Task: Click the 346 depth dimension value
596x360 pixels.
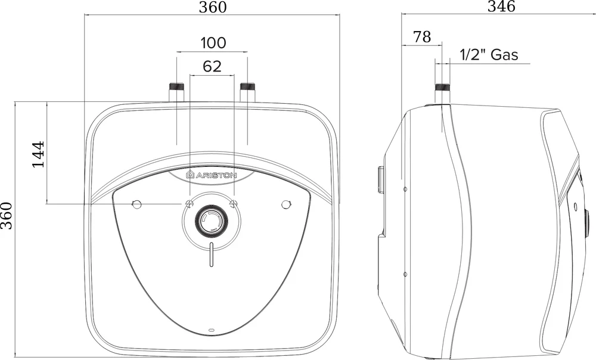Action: pyautogui.click(x=501, y=6)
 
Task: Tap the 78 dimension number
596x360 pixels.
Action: pyautogui.click(x=422, y=37)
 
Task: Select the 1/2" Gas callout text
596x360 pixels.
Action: pyautogui.click(x=489, y=55)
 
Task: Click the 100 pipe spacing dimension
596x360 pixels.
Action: pyautogui.click(x=213, y=42)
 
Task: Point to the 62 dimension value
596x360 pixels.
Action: pyautogui.click(x=212, y=66)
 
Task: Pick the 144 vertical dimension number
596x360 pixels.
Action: pyautogui.click(x=38, y=154)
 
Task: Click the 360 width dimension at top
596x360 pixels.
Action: pyautogui.click(x=213, y=7)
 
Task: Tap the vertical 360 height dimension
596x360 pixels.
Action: pyautogui.click(x=7, y=216)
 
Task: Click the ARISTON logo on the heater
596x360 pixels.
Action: pyautogui.click(x=212, y=175)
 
